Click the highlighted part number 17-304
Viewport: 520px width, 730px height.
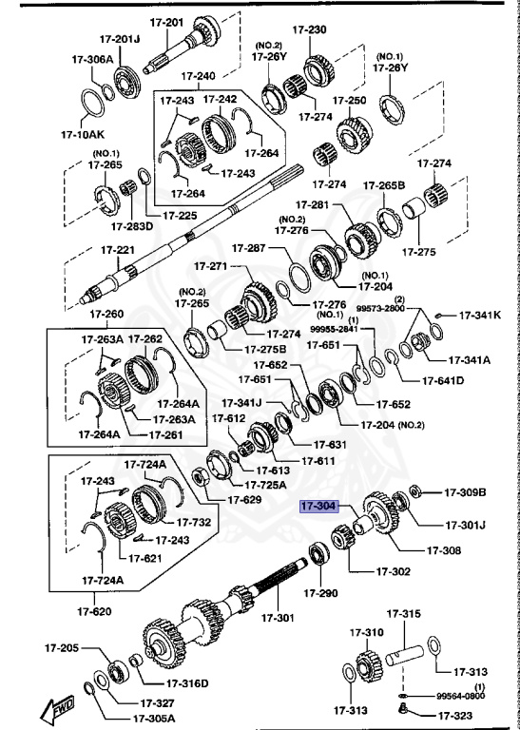tap(319, 507)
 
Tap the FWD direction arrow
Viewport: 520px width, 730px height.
tap(60, 707)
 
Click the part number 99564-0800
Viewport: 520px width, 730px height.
tap(460, 696)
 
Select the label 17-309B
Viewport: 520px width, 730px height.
tap(465, 492)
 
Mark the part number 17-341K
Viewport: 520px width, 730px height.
tap(480, 315)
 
